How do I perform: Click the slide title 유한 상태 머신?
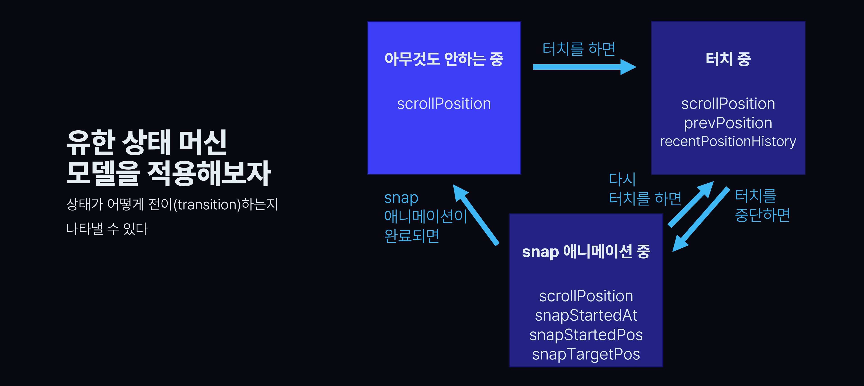click(x=146, y=142)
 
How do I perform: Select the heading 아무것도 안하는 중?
click(x=444, y=59)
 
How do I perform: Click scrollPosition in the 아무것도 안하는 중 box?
click(x=444, y=104)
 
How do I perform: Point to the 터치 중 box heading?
click(x=728, y=59)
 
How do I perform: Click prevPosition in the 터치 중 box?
click(x=728, y=123)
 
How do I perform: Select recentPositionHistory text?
click(x=728, y=141)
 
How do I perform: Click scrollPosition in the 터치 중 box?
click(x=728, y=104)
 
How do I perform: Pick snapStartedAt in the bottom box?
click(x=586, y=315)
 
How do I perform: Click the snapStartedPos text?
click(x=586, y=335)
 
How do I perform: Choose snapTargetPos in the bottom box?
click(x=586, y=354)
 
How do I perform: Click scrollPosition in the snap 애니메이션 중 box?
click(x=586, y=296)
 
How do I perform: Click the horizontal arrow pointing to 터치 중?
click(x=584, y=67)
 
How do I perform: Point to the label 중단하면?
click(x=762, y=215)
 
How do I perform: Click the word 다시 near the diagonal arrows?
click(x=622, y=179)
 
